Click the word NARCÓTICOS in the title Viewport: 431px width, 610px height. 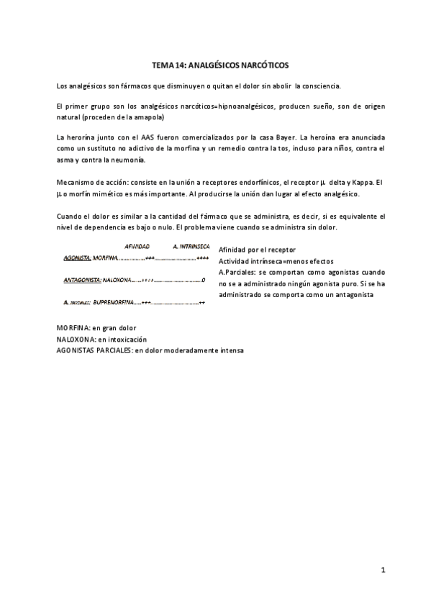pyautogui.click(x=261, y=65)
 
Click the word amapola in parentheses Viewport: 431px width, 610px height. pyautogui.click(x=148, y=117)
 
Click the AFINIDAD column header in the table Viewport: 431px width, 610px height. pyautogui.click(x=137, y=247)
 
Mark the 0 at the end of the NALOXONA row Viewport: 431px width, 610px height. pyautogui.click(x=205, y=280)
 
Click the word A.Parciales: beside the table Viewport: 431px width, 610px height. pyautogui.click(x=235, y=273)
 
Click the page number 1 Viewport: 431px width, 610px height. pyautogui.click(x=384, y=569)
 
